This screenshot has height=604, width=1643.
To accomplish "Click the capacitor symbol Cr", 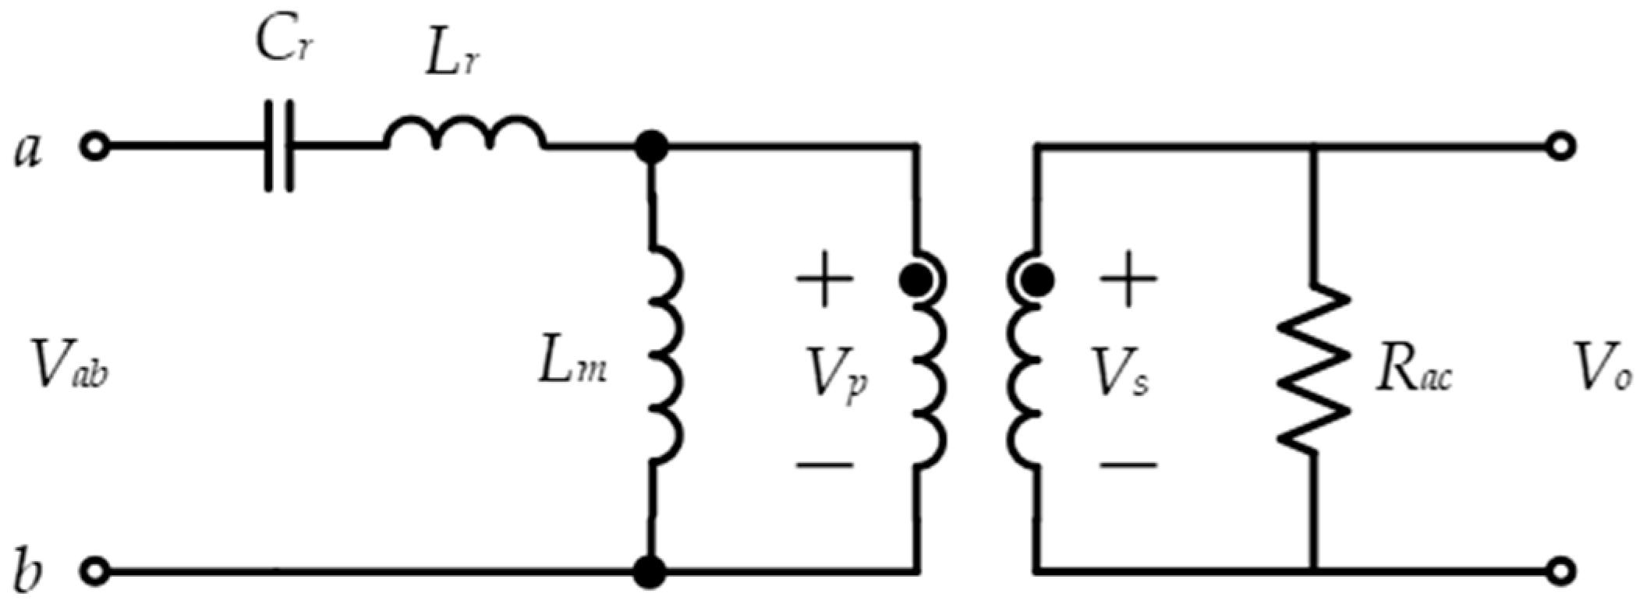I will coord(279,146).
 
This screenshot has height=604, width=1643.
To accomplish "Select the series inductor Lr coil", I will coord(465,134).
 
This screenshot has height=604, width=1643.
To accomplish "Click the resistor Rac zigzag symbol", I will coord(1313,368).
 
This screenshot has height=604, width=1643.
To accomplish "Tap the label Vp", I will coord(837,377).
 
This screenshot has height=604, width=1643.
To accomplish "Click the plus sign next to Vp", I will coord(824,277).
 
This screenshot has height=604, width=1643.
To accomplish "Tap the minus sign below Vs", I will coord(1128,465).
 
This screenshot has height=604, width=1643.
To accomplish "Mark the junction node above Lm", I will coord(650,147).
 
